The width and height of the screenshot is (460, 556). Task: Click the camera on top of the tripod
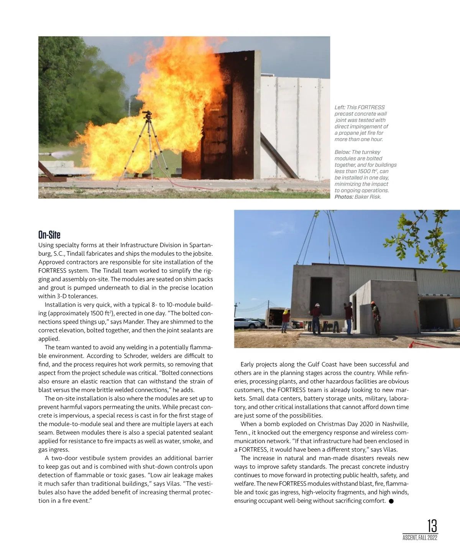pos(147,114)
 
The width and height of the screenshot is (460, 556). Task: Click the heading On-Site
pos(49,235)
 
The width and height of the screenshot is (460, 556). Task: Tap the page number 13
pos(432,525)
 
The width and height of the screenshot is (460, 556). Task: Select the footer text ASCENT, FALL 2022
pos(420,538)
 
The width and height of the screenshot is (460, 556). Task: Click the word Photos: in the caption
pos(344,197)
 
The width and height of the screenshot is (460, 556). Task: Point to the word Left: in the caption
pos(340,107)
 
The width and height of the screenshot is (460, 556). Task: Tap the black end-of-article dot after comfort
pos(391,501)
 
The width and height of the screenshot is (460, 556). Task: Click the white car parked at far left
pos(248,323)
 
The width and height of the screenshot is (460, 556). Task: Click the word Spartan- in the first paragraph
pos(201,245)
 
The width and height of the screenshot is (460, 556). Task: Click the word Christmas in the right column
pos(331,424)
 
